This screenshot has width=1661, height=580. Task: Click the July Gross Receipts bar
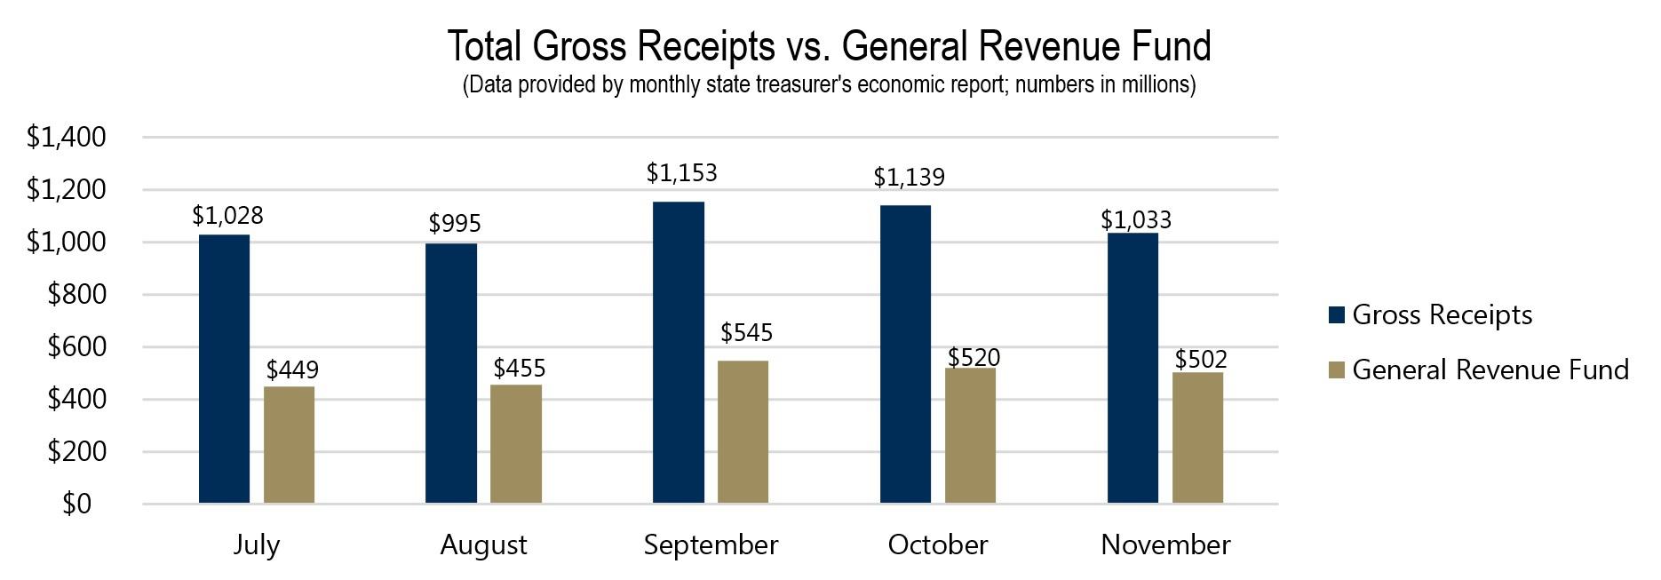[224, 369]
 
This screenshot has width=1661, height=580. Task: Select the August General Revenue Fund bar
[516, 444]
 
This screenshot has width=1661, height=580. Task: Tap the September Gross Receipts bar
[679, 353]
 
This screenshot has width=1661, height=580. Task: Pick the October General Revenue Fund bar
[970, 435]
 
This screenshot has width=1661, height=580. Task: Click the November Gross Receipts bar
[1132, 368]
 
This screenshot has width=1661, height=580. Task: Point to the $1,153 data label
[681, 173]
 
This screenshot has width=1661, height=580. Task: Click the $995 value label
[454, 224]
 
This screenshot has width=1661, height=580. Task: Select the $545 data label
[746, 333]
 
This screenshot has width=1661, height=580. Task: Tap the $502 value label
[1200, 360]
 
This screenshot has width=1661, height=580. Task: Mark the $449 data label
[292, 369]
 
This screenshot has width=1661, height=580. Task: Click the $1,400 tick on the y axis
[67, 138]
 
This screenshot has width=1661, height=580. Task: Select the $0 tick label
[77, 505]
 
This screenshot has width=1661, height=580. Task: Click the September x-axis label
[711, 544]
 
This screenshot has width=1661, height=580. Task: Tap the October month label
[937, 544]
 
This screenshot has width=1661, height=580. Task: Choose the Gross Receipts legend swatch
[1337, 315]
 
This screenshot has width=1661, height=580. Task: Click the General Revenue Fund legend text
[1490, 369]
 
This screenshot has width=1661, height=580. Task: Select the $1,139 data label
[909, 178]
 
